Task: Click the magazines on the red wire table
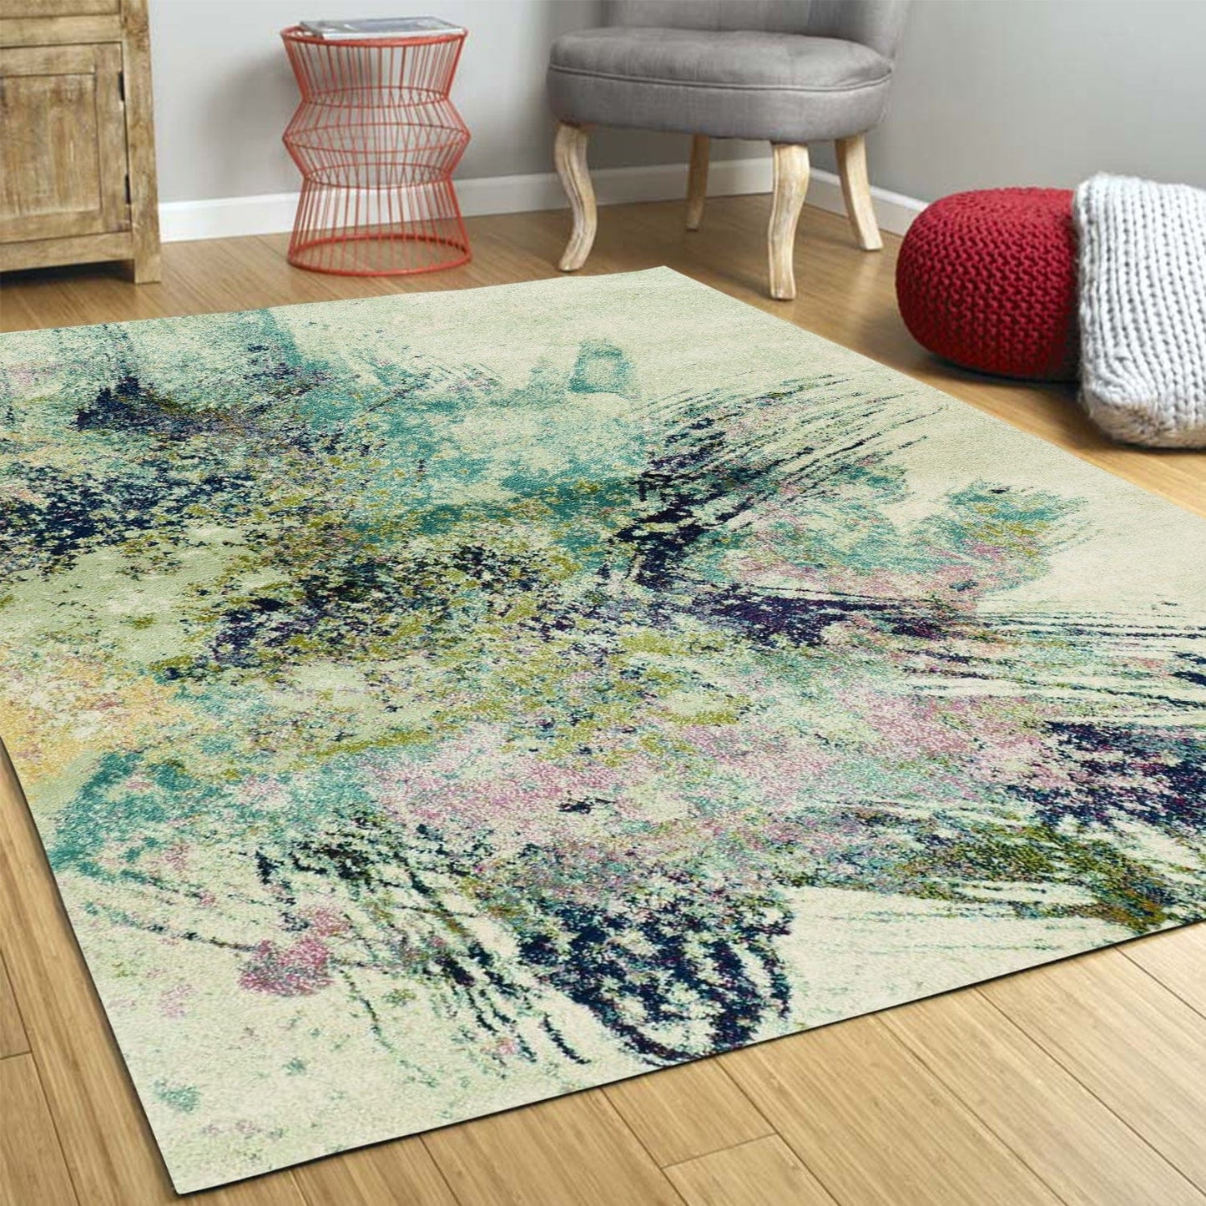(x=380, y=27)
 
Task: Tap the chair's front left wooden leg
(x=577, y=196)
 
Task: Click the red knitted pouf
(x=985, y=280)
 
